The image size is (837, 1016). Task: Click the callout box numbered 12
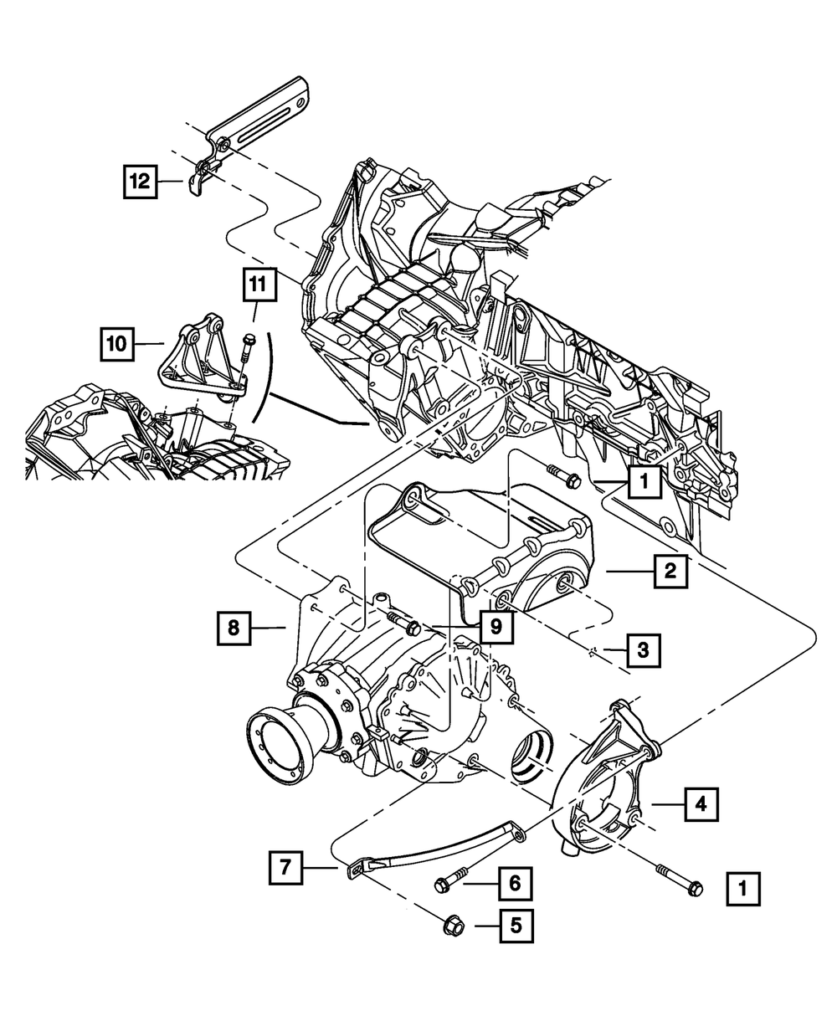click(140, 182)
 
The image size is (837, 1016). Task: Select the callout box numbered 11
click(259, 285)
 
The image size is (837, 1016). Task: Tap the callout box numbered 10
click(117, 345)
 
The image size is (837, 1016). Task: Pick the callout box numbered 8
click(234, 628)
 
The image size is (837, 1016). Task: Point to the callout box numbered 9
click(496, 627)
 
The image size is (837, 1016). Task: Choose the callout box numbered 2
click(670, 572)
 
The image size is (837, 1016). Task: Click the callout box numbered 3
click(644, 650)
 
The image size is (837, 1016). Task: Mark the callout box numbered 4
click(701, 805)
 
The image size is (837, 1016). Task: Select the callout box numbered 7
click(285, 868)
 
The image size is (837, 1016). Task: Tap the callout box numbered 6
click(515, 883)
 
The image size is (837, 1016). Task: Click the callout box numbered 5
click(516, 926)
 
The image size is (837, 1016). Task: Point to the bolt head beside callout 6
click(443, 885)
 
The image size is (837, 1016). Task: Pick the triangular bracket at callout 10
click(202, 360)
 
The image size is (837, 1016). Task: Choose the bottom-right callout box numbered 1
click(743, 889)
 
